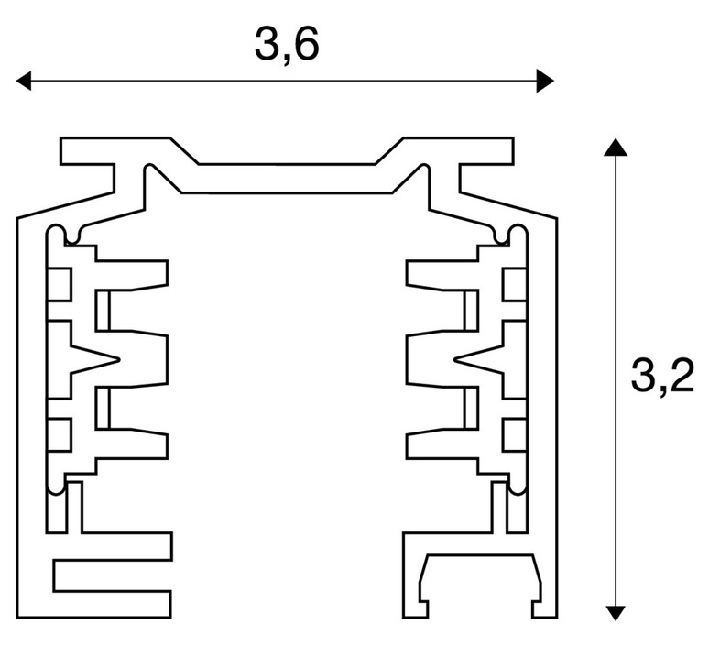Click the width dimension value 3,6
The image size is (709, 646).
tap(287, 44)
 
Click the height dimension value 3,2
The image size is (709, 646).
tap(662, 377)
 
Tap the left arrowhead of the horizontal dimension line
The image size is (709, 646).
tap(24, 81)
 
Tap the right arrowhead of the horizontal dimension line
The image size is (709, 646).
tap(545, 81)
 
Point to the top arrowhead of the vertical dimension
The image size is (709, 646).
tap(615, 147)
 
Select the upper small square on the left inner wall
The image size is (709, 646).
tap(60, 284)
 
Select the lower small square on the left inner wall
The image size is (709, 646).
tap(60, 435)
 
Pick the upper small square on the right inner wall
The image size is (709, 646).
tap(514, 284)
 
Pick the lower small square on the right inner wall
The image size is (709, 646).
tap(514, 435)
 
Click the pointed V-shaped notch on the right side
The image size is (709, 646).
tap(479, 359)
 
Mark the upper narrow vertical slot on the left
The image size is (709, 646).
tap(103, 311)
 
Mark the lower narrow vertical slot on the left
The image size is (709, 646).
tap(103, 408)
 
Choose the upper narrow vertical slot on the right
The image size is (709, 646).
tap(471, 311)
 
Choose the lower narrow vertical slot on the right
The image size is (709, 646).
tap(471, 408)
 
